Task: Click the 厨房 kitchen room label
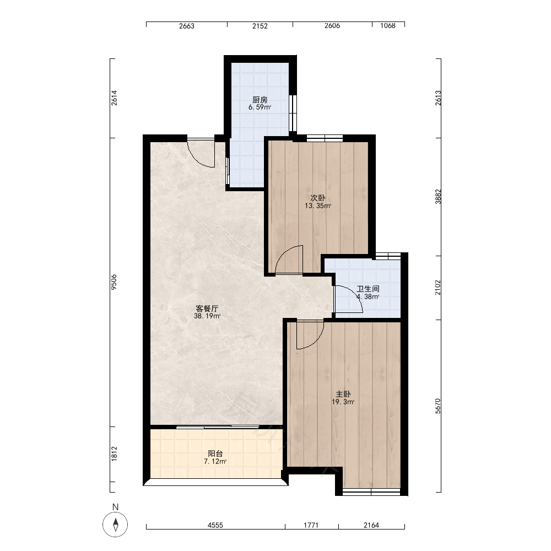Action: pos(260,100)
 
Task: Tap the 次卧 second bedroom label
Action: pos(318,198)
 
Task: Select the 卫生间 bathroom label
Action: pos(368,289)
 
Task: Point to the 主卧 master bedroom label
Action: pos(343,395)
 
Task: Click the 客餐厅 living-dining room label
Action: pos(207,309)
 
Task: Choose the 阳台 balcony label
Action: pos(215,453)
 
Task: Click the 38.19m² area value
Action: pos(207,316)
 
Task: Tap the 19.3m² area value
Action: pos(343,402)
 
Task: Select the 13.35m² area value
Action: pos(318,206)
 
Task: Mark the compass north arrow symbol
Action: pos(115,525)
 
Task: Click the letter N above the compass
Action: pos(115,507)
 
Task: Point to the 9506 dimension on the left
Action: pos(114,282)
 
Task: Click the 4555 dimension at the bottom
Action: pos(215,525)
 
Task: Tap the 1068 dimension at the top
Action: pos(387,25)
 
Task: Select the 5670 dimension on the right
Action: pos(438,406)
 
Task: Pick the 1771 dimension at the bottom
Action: pos(311,525)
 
